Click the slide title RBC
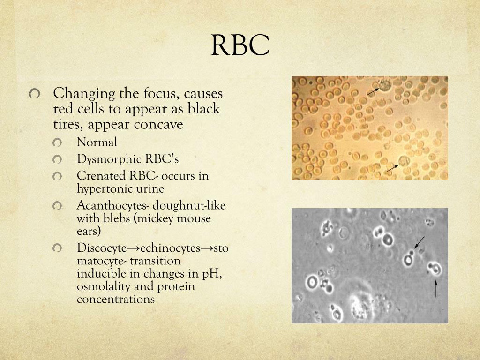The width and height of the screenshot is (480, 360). click(x=240, y=45)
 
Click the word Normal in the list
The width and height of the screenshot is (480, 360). click(x=97, y=142)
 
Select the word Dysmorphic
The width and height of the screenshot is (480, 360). click(x=103, y=159)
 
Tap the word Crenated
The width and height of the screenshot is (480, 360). click(x=98, y=176)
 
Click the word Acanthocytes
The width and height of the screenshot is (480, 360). click(x=106, y=206)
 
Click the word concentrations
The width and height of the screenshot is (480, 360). click(x=116, y=299)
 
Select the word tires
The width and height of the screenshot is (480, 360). click(x=67, y=125)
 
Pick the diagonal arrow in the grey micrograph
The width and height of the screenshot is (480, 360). click(x=419, y=243)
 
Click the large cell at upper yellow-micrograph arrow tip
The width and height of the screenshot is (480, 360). click(x=385, y=85)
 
